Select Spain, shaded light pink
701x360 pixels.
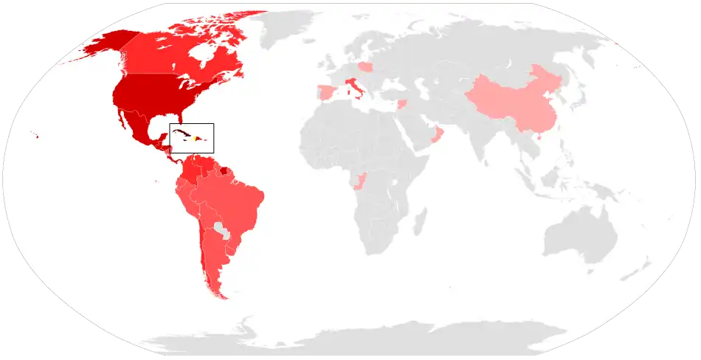[x=325, y=94]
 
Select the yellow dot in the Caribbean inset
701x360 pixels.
[x=194, y=138]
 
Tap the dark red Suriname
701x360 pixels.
[x=224, y=170]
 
